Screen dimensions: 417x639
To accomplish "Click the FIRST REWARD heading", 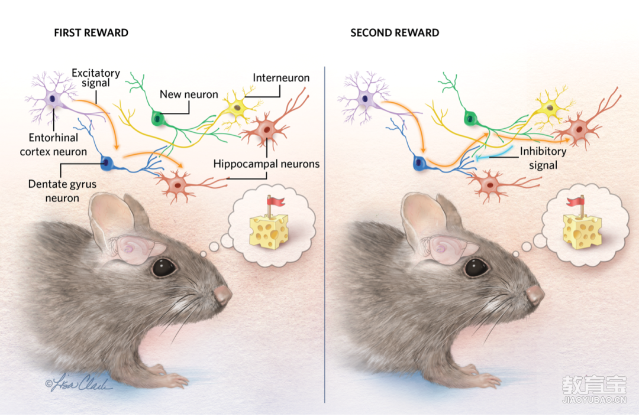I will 91,33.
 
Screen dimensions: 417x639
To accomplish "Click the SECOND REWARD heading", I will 395,33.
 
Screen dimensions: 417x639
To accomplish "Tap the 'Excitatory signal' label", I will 96,78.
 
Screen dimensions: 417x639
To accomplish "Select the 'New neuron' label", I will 189,95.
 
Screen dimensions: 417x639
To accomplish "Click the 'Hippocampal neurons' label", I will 266,164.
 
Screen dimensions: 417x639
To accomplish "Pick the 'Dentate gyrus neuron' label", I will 62,191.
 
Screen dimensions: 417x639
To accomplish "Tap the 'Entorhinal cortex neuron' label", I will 53,145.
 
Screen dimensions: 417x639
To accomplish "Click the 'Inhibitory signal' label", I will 543,158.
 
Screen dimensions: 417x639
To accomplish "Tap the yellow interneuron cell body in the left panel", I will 237,108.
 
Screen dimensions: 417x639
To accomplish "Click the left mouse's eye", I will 163,268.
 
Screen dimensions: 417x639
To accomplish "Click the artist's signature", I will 78,385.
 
